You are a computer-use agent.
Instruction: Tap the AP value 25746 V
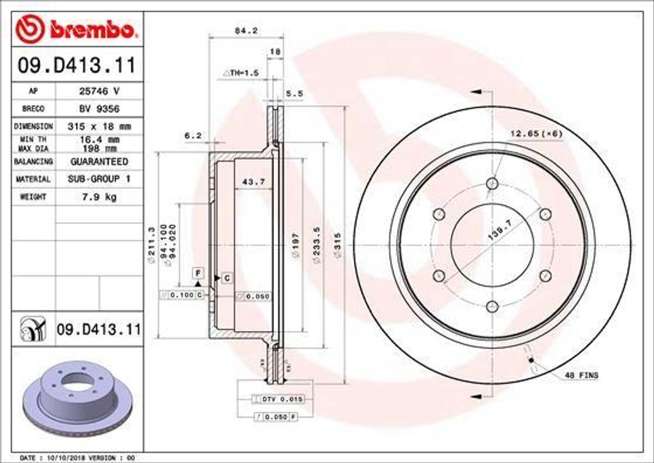click(98, 91)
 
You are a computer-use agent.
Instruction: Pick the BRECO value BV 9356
click(98, 109)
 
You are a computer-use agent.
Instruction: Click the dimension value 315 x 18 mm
click(98, 127)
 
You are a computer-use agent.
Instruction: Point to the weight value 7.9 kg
click(98, 197)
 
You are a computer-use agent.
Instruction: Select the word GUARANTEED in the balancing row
click(98, 162)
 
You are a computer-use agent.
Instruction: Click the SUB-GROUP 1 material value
click(98, 179)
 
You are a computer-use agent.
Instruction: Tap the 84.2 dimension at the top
click(241, 29)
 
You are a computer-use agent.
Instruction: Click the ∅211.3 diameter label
click(152, 246)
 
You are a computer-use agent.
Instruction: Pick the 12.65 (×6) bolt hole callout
click(535, 133)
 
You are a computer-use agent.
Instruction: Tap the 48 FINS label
click(581, 375)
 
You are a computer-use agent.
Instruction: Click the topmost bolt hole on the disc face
click(492, 184)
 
